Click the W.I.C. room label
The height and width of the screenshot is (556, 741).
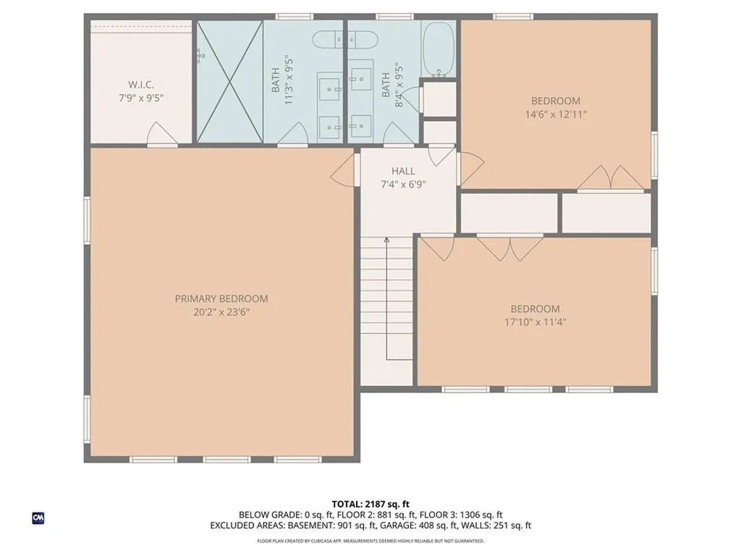pos(141,84)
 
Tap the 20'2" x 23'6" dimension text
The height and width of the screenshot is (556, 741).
pos(221,312)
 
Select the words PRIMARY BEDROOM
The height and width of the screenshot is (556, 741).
pos(221,298)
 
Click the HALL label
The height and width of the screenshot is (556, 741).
pos(403,171)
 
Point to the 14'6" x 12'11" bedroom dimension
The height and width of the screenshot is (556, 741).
pos(556,114)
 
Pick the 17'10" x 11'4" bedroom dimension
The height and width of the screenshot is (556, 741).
pos(535,322)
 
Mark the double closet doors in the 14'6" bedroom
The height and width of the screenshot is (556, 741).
pos(611,178)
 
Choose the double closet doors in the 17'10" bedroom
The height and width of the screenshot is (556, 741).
pos(511,247)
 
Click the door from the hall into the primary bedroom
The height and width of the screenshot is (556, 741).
pos(344,172)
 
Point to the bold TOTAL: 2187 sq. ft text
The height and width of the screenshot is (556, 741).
pos(370,504)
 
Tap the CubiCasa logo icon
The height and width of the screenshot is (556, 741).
pos(38,518)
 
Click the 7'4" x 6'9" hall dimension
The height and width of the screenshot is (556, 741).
pos(403,184)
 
